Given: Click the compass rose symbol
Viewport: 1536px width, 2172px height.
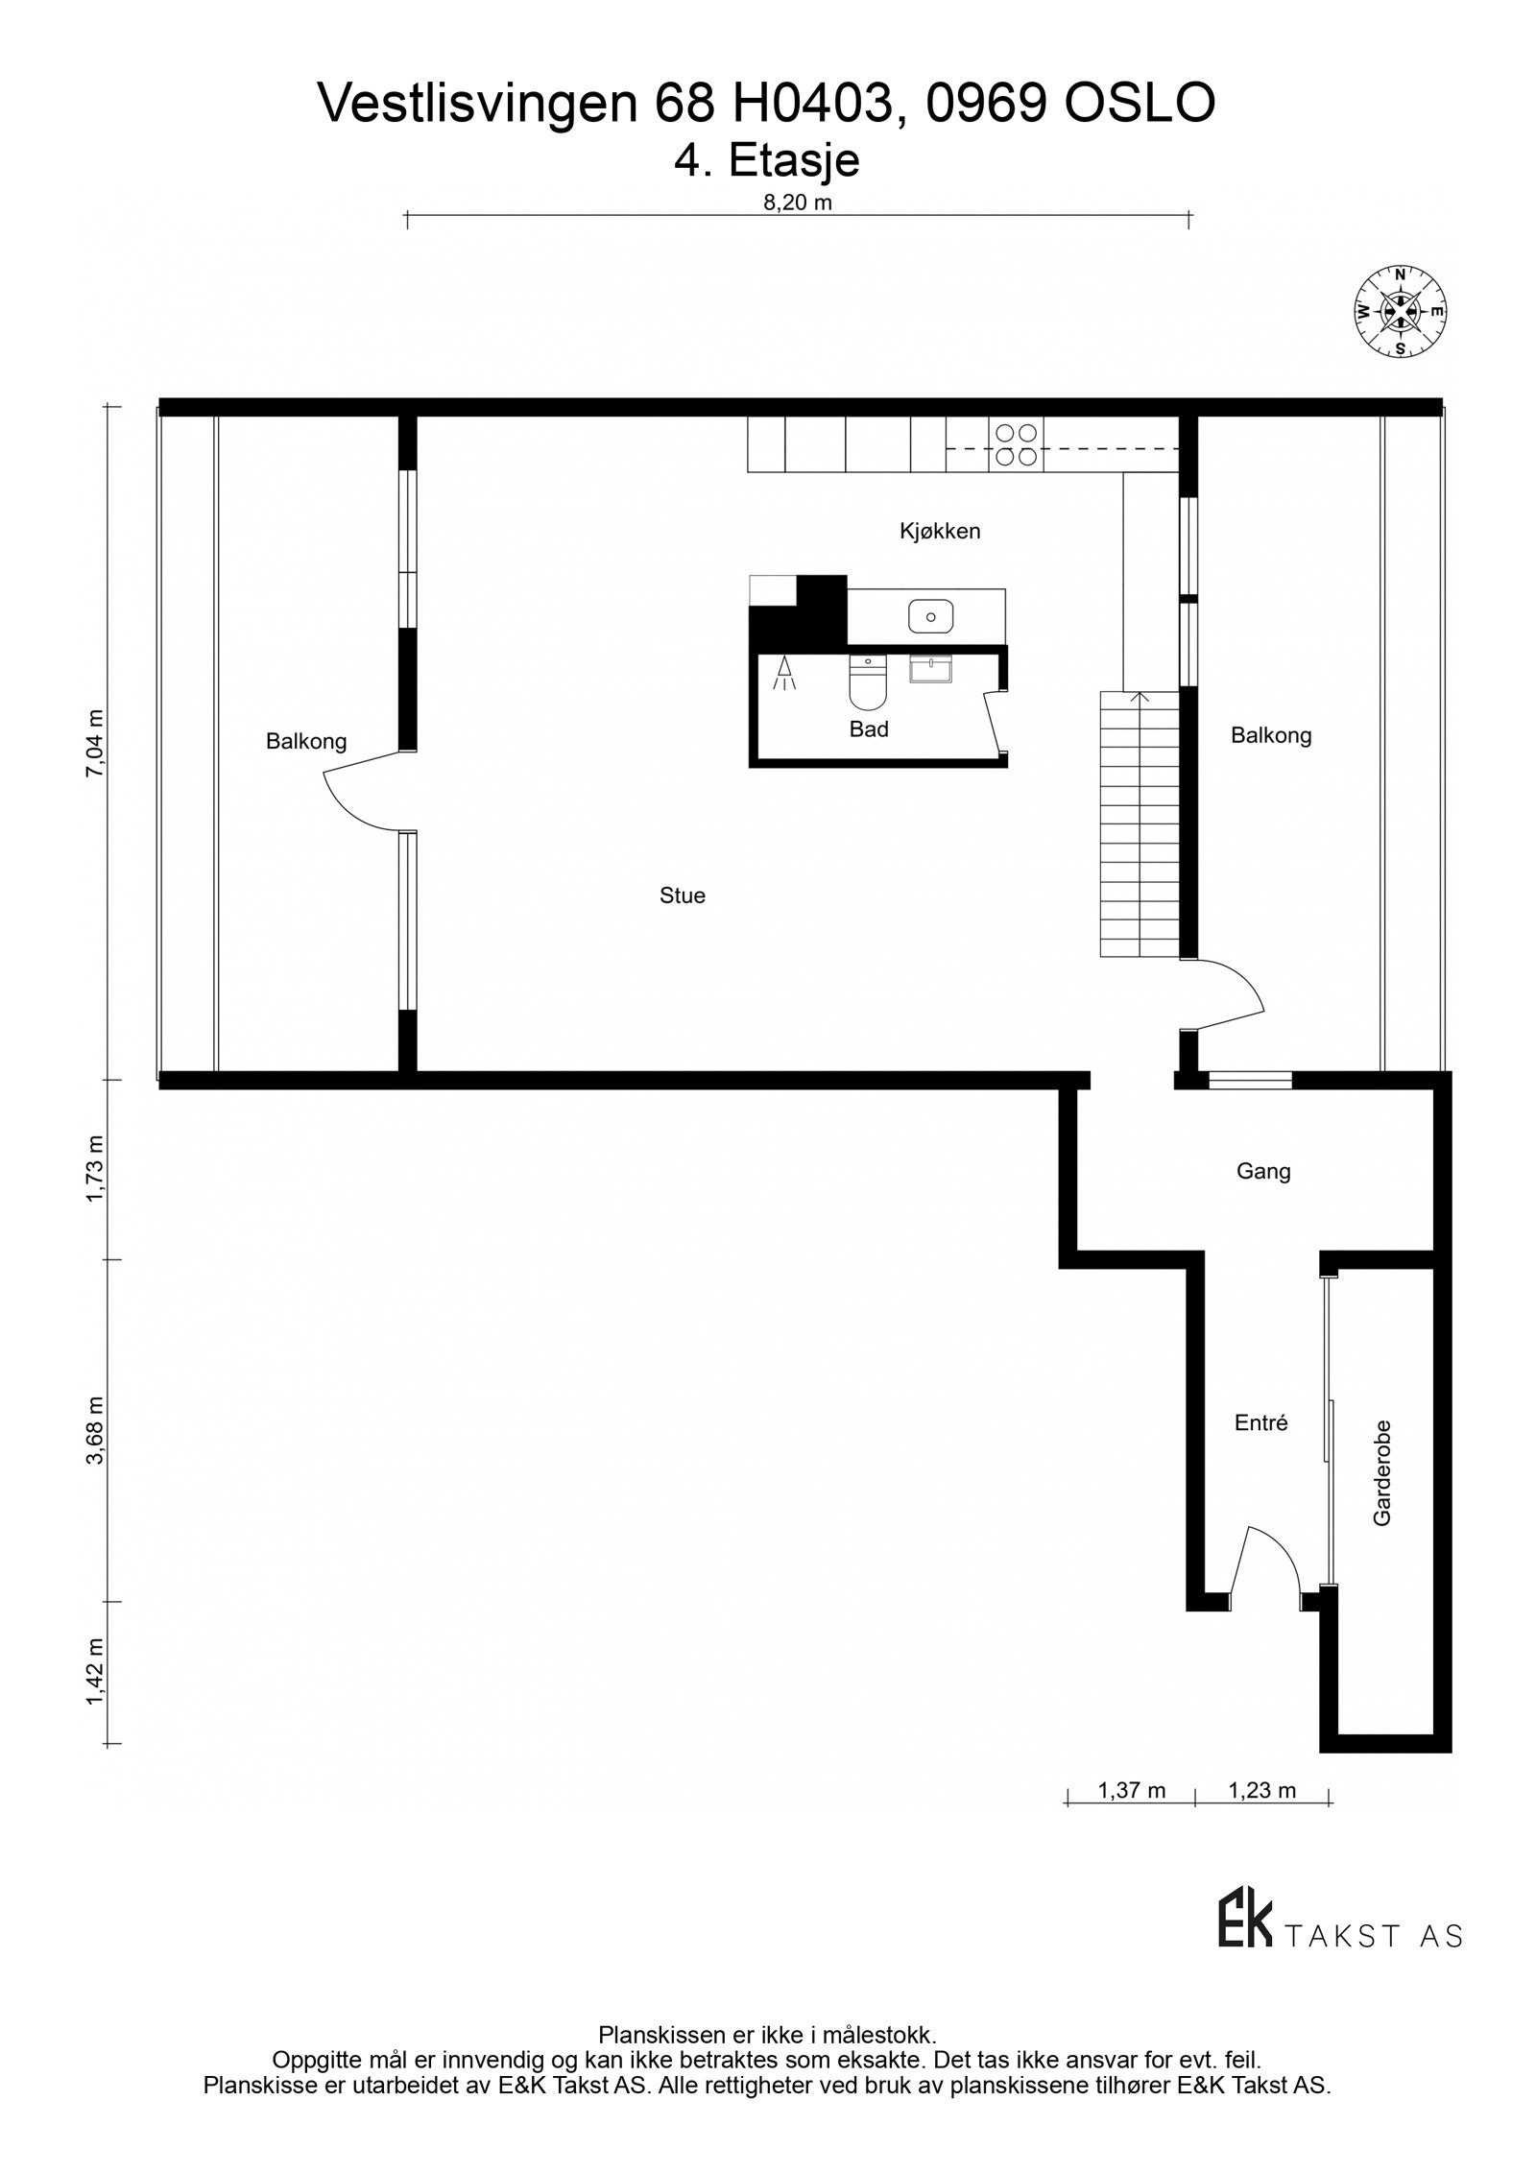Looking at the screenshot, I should click(1400, 310).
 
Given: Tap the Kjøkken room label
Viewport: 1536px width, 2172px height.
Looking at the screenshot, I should click(940, 531).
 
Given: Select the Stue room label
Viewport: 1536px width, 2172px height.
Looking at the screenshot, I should click(683, 895).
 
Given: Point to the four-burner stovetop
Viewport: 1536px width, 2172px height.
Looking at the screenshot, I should click(1016, 444).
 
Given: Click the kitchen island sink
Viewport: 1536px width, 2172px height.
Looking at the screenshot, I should click(930, 616).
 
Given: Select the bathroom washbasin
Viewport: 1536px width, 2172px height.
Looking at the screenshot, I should click(930, 669).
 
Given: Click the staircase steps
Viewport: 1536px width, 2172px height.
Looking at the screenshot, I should click(1140, 825).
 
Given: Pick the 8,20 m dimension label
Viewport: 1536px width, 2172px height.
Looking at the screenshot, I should click(797, 203).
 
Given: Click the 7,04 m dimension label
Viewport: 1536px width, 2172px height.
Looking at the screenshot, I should click(94, 746).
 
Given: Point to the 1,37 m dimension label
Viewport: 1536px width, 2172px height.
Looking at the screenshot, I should click(1132, 1790).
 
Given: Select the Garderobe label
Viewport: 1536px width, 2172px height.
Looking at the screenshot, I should click(1381, 1472).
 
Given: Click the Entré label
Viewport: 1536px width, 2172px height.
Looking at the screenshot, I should click(1260, 1423).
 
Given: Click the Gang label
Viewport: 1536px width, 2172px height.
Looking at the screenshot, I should click(1263, 1171).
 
